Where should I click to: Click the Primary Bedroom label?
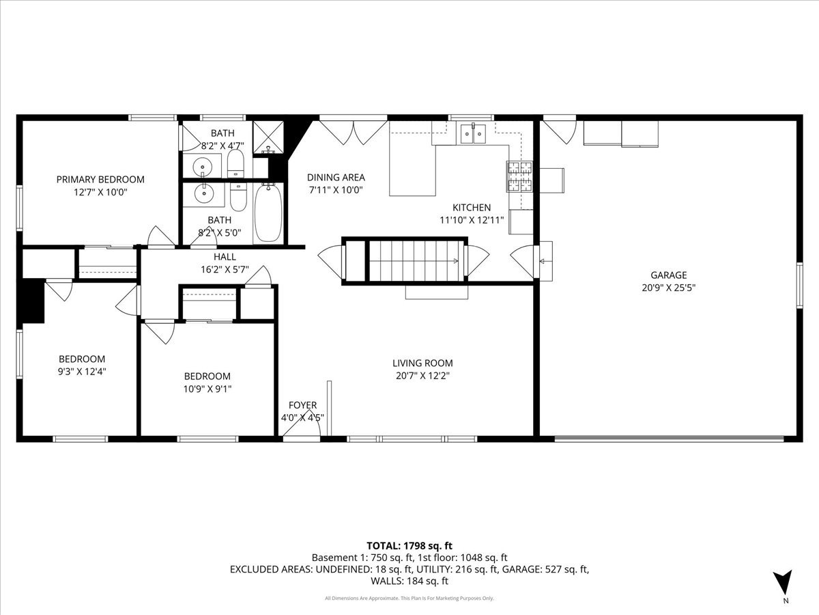[x=100, y=180]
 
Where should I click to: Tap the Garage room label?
[x=669, y=275]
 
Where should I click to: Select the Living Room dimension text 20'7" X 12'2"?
[x=422, y=376]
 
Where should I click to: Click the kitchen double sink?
[x=473, y=133]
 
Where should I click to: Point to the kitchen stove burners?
[x=519, y=176]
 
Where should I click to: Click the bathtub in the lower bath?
[x=268, y=213]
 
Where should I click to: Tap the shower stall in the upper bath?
[x=268, y=137]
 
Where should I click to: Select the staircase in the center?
[x=416, y=261]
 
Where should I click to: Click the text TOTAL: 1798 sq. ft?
[x=409, y=546]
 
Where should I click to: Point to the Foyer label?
[x=302, y=405]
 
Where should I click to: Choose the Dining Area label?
[x=336, y=178]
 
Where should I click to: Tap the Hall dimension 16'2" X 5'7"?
[x=225, y=269]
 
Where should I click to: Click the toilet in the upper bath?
[x=235, y=163]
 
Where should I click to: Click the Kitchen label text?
[x=472, y=208]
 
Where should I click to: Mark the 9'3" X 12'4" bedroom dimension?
[x=82, y=372]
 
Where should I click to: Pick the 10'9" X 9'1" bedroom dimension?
[x=207, y=389]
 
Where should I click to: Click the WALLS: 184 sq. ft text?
[x=409, y=581]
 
